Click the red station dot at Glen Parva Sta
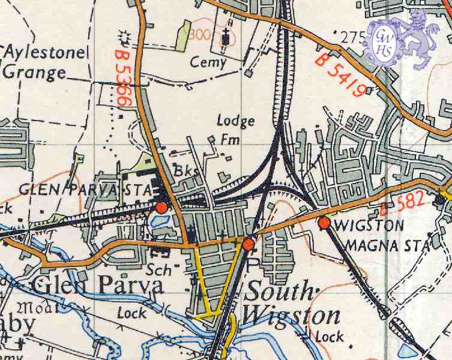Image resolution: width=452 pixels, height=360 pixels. point(161,208)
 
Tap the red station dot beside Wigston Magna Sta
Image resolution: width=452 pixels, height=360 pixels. point(325,223)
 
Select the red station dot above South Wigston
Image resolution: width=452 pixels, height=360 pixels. point(248,244)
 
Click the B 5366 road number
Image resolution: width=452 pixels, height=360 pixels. point(122,78)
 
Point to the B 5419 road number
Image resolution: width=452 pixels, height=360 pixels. point(340,74)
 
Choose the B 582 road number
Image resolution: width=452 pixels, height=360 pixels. point(403,204)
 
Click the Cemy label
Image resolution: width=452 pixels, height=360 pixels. point(208,62)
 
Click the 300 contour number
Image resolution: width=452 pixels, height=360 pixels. point(199,35)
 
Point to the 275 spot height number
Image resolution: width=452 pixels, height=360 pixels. point(352,37)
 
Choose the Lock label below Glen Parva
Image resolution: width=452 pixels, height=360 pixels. point(131,313)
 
